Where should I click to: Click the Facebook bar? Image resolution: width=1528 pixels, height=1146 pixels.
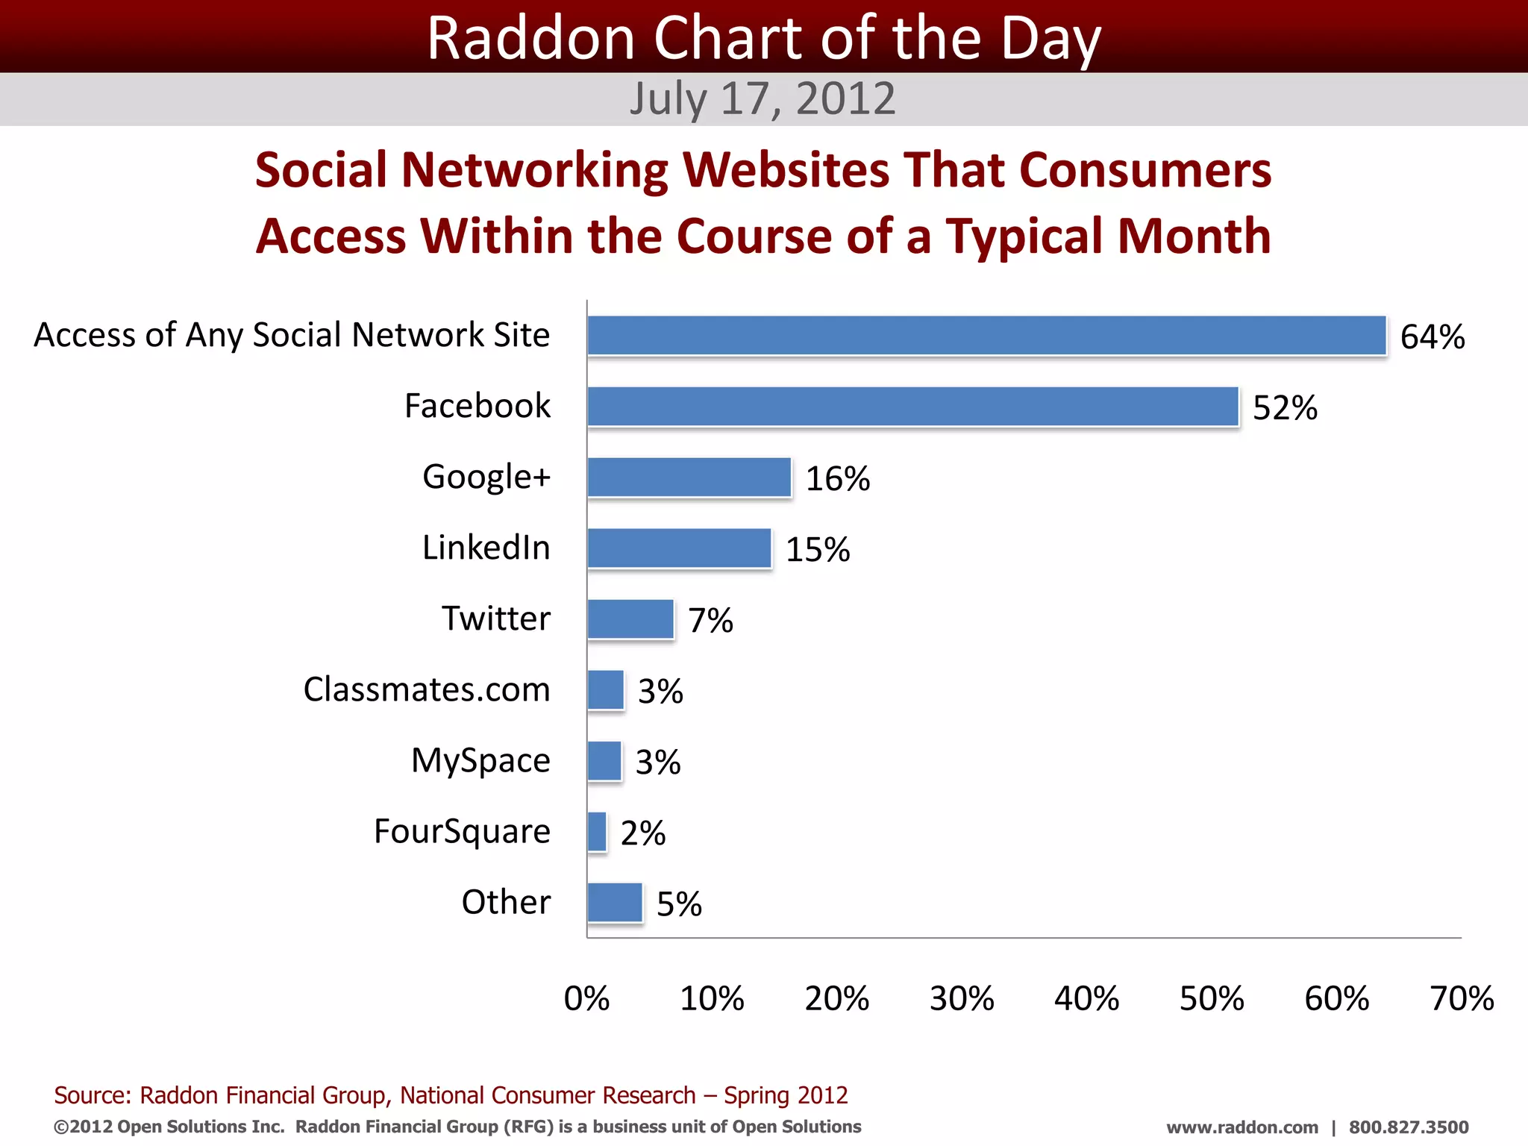pos(912,407)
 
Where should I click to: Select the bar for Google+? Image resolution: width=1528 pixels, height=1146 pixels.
pos(689,477)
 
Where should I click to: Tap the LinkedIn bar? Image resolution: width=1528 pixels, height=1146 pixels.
pos(679,548)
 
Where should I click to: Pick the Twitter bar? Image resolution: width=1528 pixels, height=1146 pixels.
pos(630,619)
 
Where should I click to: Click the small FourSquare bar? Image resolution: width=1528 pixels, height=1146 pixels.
pos(597,832)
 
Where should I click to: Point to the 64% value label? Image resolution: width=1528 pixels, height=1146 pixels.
pos(1432,336)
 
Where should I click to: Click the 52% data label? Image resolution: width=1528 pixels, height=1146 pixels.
pos(1284,407)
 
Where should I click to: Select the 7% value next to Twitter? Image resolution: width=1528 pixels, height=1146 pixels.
pos(710,620)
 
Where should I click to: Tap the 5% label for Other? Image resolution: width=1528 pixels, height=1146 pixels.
pos(678,904)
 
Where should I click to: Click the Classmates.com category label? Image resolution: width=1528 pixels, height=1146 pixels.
pos(426,689)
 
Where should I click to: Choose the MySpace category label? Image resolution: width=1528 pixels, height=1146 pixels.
pos(480,760)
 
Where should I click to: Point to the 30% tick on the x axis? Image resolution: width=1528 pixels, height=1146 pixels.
pos(961,998)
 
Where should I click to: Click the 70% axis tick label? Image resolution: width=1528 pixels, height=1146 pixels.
pos(1461,998)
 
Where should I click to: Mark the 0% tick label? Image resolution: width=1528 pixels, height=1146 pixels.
pos(586,998)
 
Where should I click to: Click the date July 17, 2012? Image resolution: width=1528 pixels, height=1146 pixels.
pos(762,98)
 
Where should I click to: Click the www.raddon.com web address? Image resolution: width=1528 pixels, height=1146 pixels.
pos(1241,1127)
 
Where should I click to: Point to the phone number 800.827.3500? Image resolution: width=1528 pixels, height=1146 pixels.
pos(1408,1127)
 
